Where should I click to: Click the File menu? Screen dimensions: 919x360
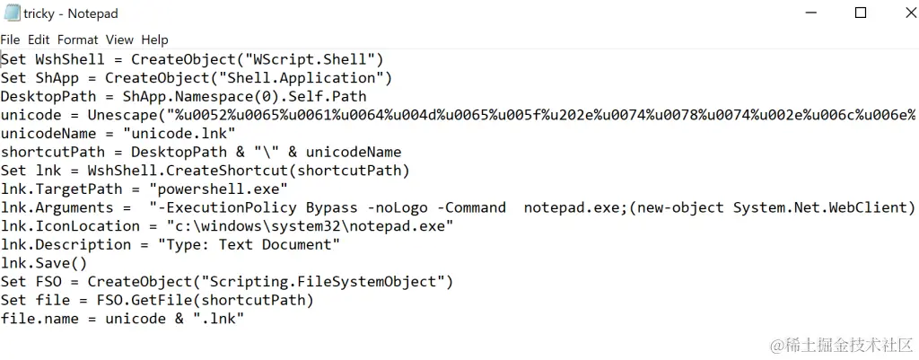[x=10, y=40]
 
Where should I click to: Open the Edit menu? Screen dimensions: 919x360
[x=39, y=40]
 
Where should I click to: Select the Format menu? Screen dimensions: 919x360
[x=78, y=40]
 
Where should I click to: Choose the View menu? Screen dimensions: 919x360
[x=119, y=40]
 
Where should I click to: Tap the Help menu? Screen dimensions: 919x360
[x=154, y=40]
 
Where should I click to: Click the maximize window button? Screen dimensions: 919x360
[x=860, y=13]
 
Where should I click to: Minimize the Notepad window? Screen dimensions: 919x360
[x=818, y=13]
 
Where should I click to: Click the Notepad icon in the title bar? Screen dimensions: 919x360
[x=12, y=13]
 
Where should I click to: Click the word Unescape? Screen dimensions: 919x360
[x=122, y=115]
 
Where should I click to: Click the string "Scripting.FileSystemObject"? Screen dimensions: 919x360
[x=328, y=282]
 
